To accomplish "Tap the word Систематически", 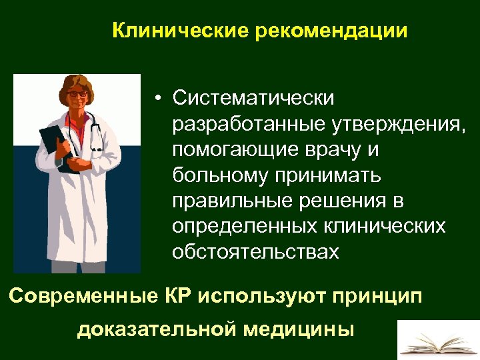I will [x=253, y=98].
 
